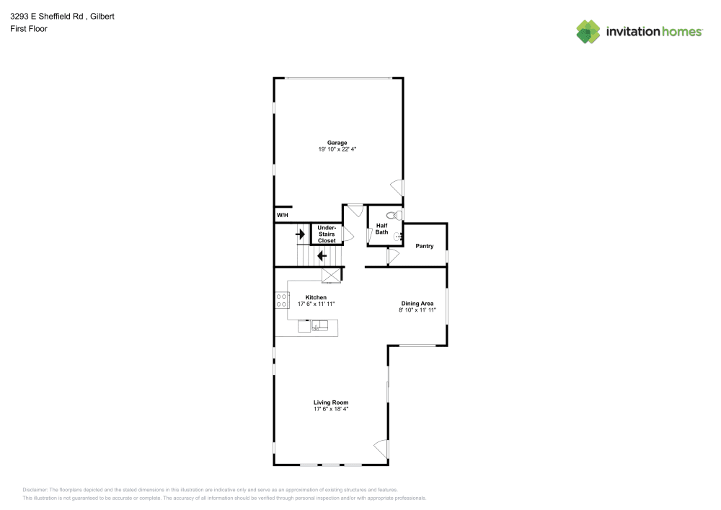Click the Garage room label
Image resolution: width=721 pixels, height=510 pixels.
(337, 143)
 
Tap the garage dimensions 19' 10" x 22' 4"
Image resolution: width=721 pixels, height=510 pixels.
(337, 149)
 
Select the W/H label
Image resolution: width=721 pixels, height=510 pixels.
(282, 216)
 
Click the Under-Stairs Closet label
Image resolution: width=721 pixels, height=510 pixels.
(327, 234)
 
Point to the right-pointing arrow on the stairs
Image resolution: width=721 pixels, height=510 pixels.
(300, 234)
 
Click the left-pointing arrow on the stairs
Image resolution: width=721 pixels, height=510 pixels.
(322, 255)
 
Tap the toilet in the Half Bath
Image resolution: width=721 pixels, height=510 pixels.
(393, 215)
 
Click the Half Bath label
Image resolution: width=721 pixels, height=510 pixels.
(381, 229)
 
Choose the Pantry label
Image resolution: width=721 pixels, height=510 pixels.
(425, 246)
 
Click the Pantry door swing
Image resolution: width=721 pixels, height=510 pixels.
(393, 256)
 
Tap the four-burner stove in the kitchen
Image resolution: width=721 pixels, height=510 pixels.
(282, 300)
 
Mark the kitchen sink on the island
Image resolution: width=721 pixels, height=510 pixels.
(319, 327)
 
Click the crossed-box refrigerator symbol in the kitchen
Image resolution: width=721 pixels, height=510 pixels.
(331, 275)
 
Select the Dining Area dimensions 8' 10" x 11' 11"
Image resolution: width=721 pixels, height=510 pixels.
(417, 309)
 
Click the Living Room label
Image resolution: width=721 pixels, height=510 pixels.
(331, 403)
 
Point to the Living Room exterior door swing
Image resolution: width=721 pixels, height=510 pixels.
(381, 449)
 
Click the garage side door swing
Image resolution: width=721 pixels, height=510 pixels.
(397, 188)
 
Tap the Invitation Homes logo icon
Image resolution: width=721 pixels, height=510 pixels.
(588, 31)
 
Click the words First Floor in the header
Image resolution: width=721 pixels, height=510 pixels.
(29, 29)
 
